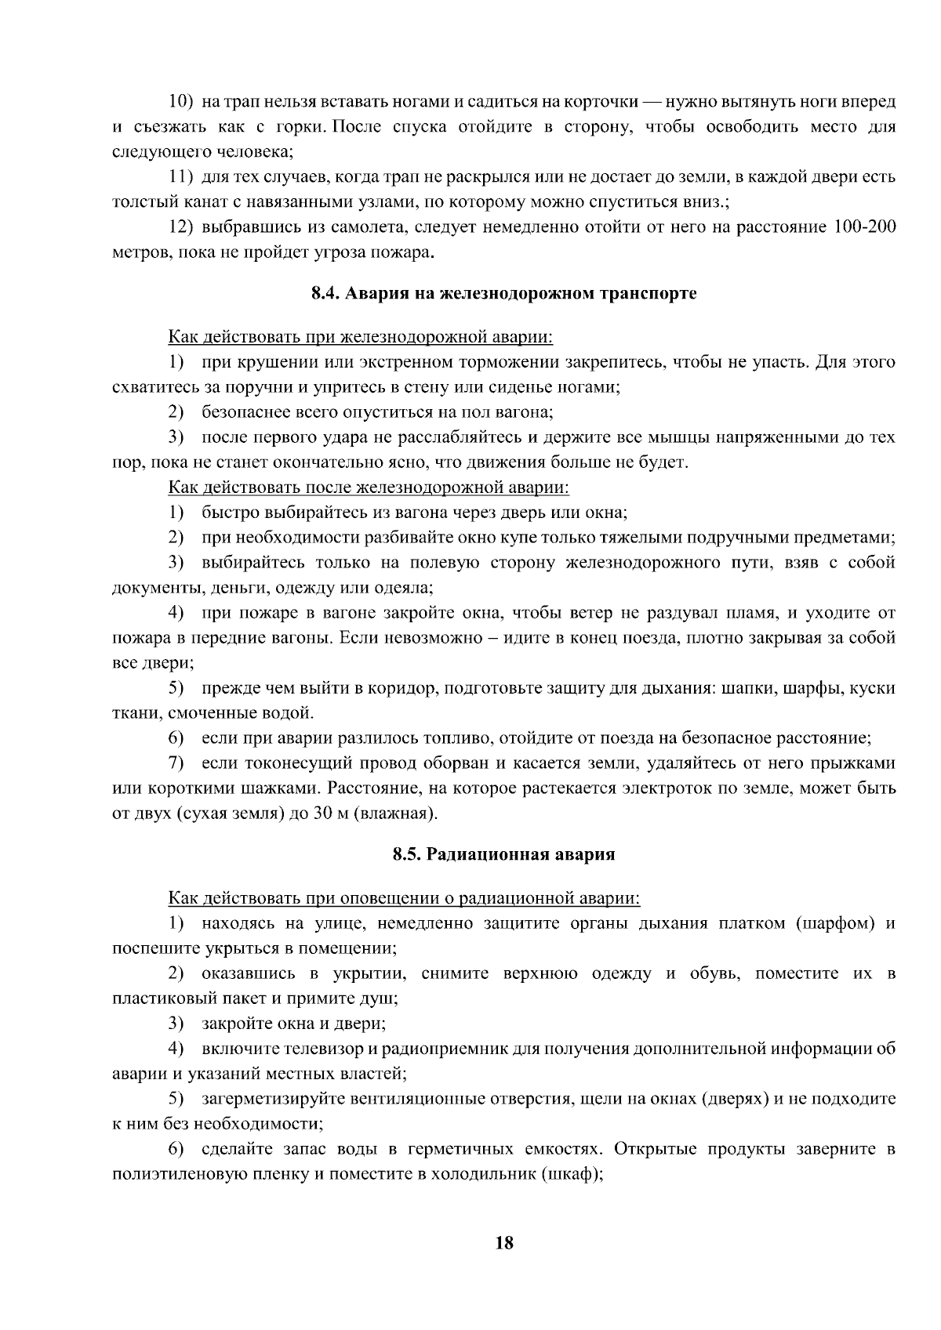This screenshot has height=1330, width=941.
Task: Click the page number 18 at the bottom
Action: pyautogui.click(x=504, y=1242)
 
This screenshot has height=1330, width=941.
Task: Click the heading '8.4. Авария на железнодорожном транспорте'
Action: pyautogui.click(x=504, y=294)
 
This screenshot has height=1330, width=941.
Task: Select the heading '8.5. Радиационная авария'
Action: pyautogui.click(x=503, y=854)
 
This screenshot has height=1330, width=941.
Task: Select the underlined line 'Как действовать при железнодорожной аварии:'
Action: pyautogui.click(x=361, y=338)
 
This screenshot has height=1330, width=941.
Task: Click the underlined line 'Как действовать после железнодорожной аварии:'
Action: pyautogui.click(x=369, y=488)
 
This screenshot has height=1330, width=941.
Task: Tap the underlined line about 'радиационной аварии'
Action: pyautogui.click(x=404, y=898)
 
